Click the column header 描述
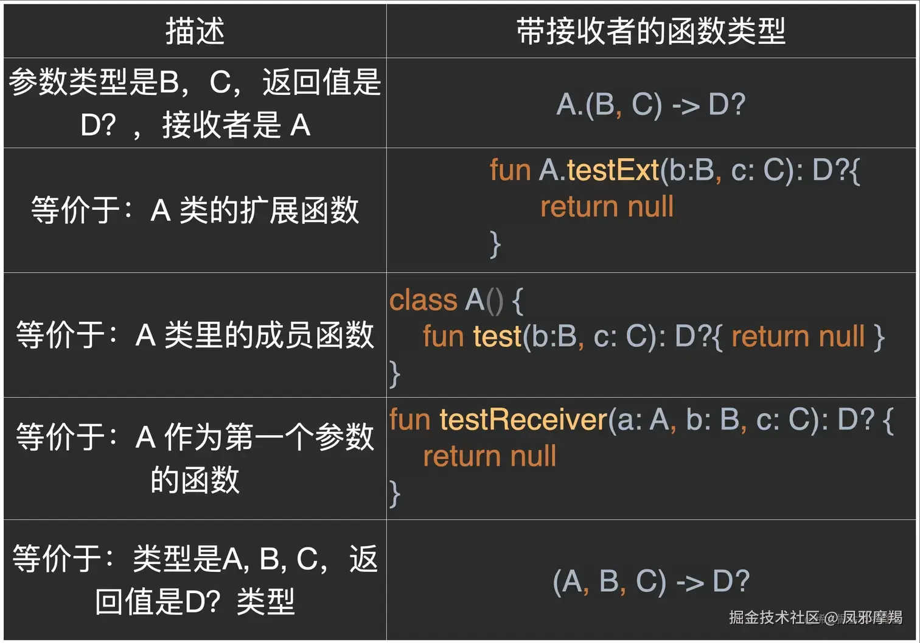point(195,31)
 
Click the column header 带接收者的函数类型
point(651,31)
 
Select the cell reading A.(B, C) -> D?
point(651,104)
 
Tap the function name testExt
point(613,170)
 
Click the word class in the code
point(423,300)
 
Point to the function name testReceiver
point(523,419)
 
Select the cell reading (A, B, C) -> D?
point(651,582)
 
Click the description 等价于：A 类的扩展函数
point(195,210)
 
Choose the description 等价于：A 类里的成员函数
point(195,335)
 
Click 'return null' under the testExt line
point(607,207)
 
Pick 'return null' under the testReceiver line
point(489,456)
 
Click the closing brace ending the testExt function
point(495,245)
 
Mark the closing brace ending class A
point(395,374)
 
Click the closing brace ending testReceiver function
point(395,493)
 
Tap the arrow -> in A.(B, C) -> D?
point(686,105)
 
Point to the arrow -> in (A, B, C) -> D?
point(690,583)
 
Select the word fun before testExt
point(510,170)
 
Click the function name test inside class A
point(497,336)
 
